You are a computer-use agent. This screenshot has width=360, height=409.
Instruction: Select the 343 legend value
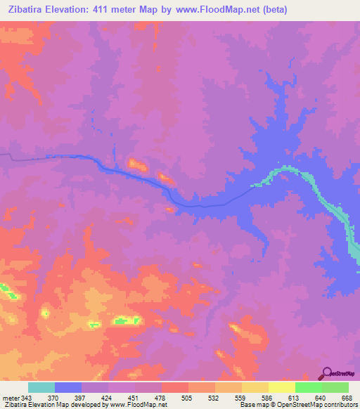(x=27, y=398)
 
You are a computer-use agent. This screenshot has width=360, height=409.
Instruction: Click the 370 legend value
(x=53, y=398)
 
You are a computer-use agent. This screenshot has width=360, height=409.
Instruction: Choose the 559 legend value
(x=241, y=398)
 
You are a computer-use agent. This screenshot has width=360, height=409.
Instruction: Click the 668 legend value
(x=347, y=398)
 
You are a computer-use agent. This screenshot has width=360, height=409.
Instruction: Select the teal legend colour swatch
(x=41, y=387)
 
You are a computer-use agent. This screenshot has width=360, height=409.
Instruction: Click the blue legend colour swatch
(x=67, y=387)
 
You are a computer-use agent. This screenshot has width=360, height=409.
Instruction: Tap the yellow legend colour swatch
(x=281, y=387)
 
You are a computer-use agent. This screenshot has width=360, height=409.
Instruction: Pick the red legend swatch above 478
(x=174, y=387)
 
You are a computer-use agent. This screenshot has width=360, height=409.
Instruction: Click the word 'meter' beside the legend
(x=11, y=398)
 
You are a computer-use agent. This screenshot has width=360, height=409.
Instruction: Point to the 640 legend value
(x=321, y=398)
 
